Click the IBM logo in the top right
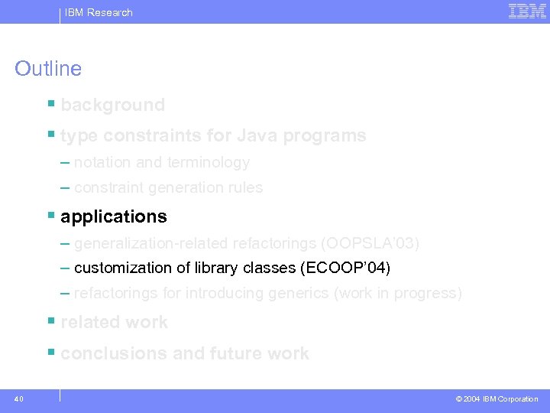coord(528,11)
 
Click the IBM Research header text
coord(99,12)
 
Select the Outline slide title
coord(48,69)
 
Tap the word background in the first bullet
coord(112,106)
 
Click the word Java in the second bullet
coord(257,136)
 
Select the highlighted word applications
coord(113,217)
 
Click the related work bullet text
coord(114,323)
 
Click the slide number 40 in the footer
coord(18,399)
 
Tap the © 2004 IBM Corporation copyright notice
coord(497,399)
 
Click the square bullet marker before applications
coord(50,216)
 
